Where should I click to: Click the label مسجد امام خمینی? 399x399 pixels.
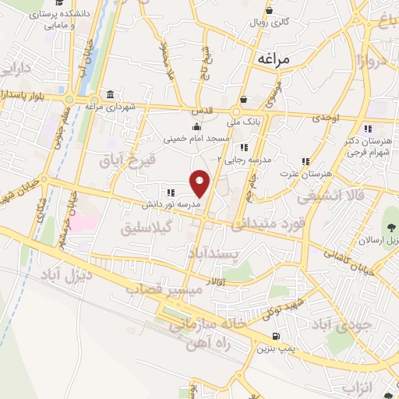[196, 139]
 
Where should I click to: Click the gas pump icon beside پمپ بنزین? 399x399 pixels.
[276, 337]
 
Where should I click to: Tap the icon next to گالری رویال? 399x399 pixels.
[268, 11]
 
